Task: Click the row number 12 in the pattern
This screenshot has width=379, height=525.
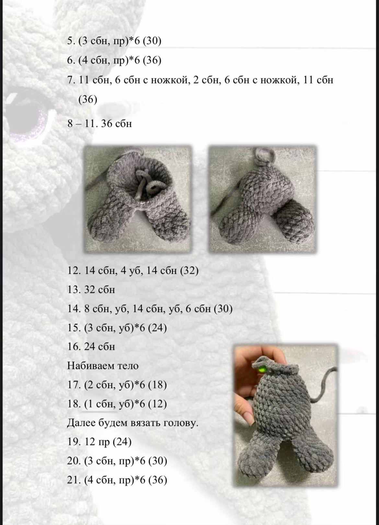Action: [73, 271]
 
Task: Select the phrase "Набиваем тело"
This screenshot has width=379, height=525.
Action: [103, 366]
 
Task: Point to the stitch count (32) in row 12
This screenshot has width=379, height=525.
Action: [189, 271]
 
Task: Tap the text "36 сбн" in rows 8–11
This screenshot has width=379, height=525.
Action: [116, 124]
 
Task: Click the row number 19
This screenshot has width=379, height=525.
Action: [73, 442]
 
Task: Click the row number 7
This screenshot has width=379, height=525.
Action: [71, 80]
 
